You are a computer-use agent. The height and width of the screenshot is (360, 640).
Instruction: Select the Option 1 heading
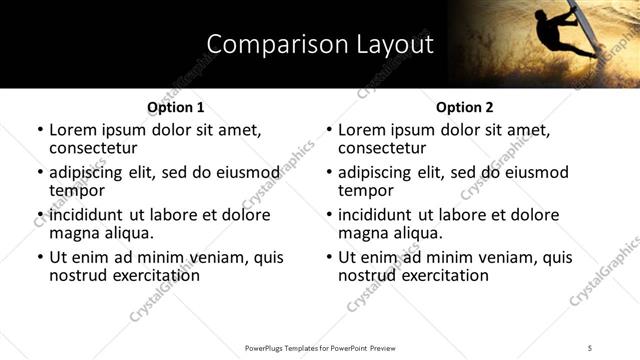pyautogui.click(x=175, y=107)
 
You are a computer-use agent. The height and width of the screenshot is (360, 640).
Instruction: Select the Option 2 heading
pyautogui.click(x=464, y=107)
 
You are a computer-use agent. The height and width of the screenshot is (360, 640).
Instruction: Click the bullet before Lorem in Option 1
pyautogui.click(x=40, y=130)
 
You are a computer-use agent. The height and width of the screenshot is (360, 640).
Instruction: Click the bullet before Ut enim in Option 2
pyautogui.click(x=329, y=258)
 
